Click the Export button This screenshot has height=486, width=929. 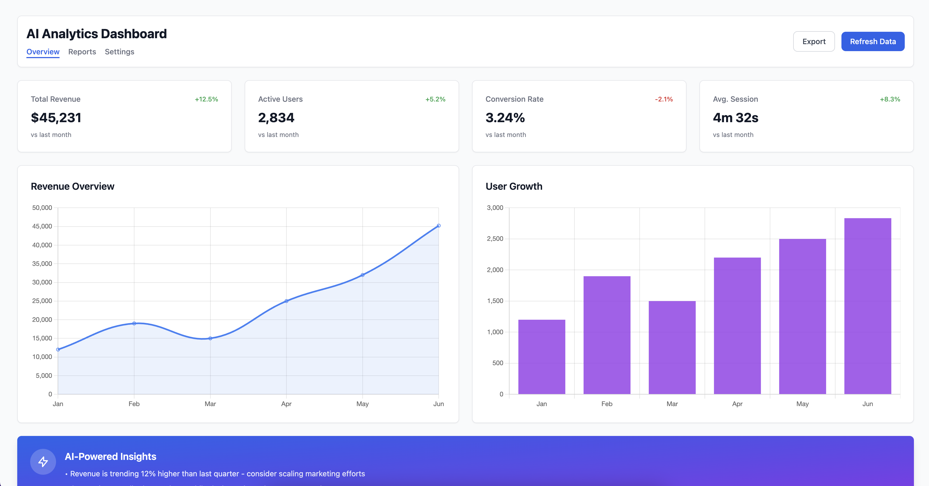814,41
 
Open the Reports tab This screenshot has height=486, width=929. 82,52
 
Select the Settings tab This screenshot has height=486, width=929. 119,52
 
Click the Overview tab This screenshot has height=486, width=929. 43,52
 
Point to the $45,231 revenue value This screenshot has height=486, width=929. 56,118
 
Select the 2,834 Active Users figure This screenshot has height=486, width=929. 276,118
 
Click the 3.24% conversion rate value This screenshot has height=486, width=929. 505,118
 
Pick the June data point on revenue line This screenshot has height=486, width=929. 439,226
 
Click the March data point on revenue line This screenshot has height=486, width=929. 210,338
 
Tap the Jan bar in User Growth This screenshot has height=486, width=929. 541,357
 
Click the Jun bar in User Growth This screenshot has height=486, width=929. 867,306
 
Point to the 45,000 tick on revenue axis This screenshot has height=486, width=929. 42,227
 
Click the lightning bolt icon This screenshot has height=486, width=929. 43,462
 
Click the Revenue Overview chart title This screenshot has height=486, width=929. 72,186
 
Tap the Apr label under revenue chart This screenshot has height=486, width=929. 286,404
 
